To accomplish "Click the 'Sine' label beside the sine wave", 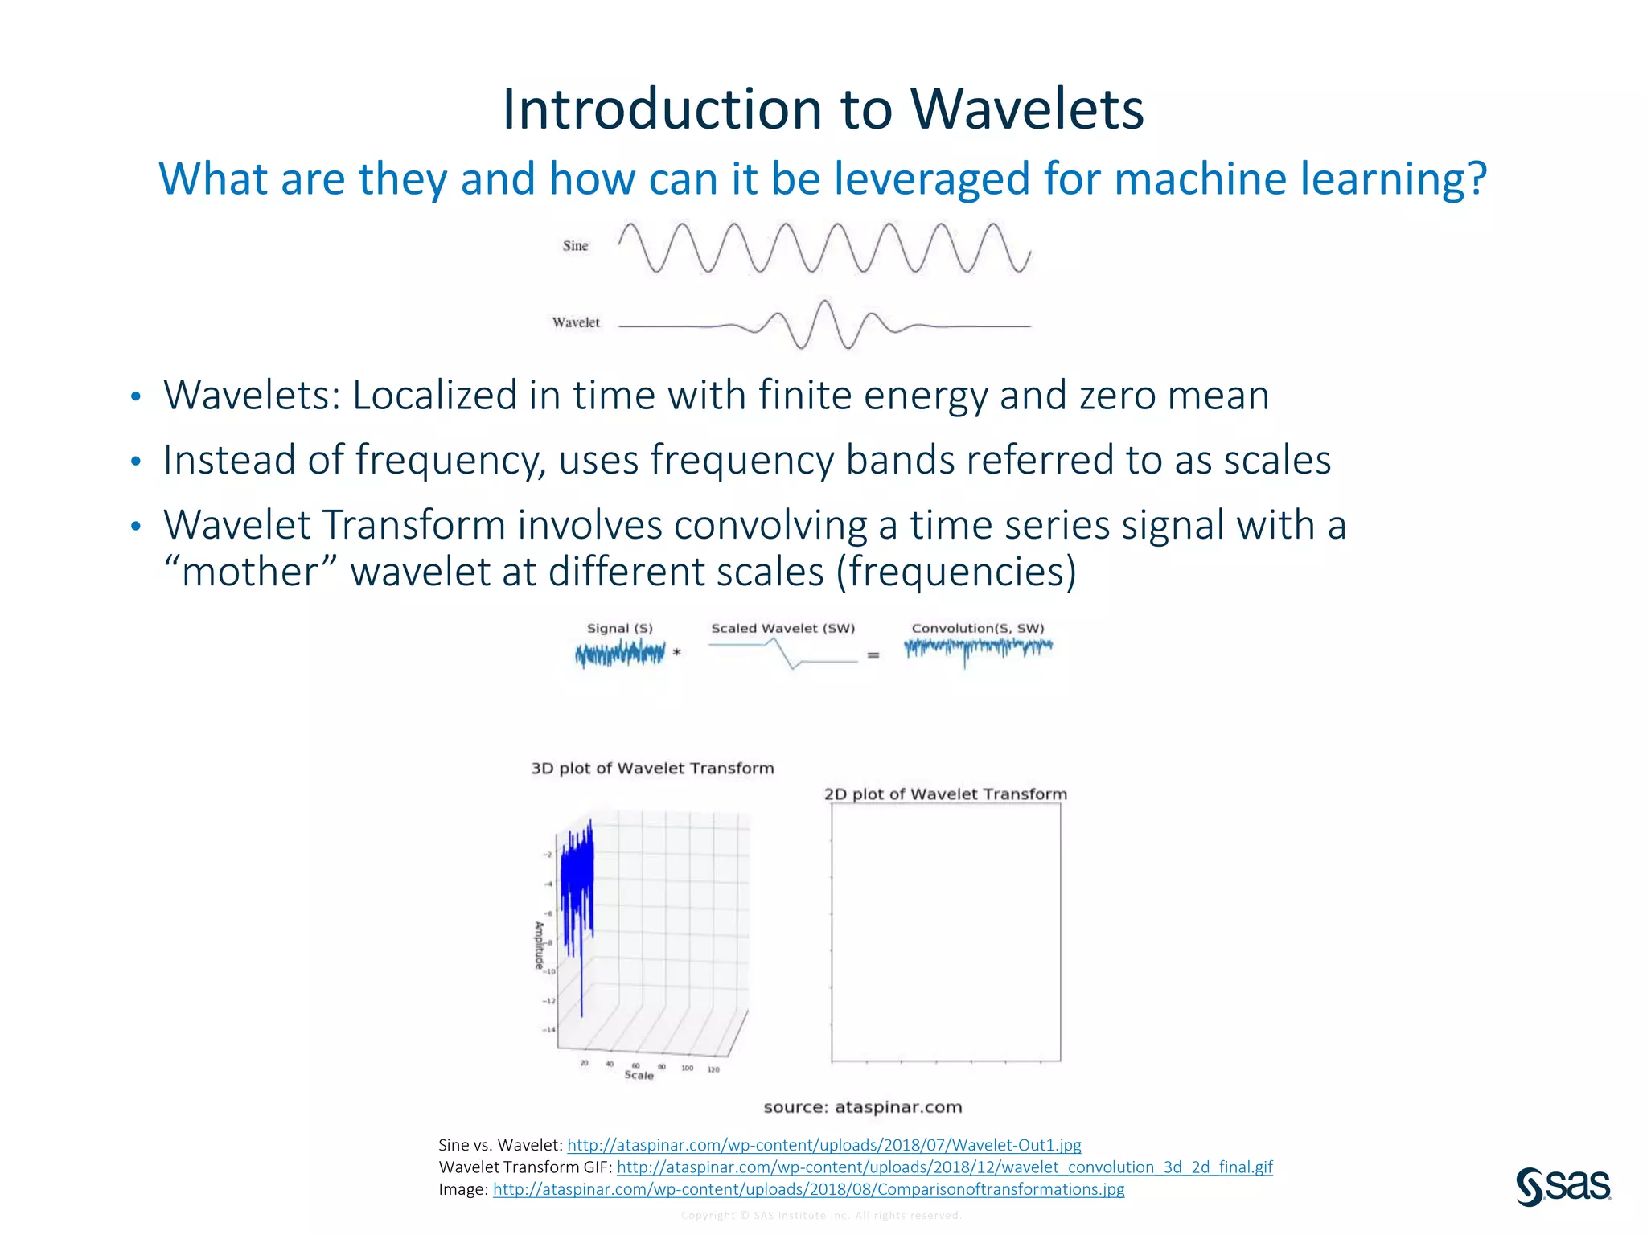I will [575, 246].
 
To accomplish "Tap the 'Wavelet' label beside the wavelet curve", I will [576, 322].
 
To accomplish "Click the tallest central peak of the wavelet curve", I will [824, 303].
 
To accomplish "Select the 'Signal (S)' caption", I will [619, 629].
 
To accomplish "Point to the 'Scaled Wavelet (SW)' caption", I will [782, 629].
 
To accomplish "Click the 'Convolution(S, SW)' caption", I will [977, 629].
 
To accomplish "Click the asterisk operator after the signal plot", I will [677, 653].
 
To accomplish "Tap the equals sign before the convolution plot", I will [873, 655].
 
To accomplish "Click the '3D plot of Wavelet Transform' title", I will [652, 769].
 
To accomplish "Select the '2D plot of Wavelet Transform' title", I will [946, 794].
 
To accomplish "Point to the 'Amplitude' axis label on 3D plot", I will [540, 946].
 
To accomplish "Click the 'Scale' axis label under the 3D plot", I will [639, 1076].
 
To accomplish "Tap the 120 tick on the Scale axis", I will [713, 1070].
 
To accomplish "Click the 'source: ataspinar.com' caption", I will [862, 1107].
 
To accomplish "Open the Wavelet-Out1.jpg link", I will [823, 1145].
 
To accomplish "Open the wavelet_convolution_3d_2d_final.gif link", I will [944, 1167].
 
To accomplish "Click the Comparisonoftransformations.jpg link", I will [808, 1189].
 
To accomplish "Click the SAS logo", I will [1563, 1187].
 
